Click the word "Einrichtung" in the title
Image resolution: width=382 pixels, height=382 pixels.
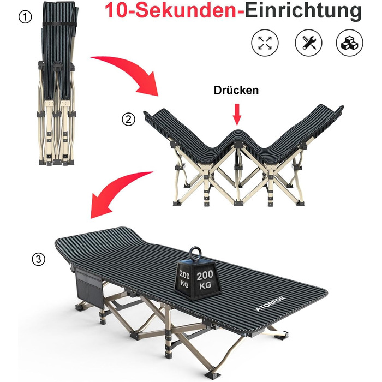[x=303, y=11]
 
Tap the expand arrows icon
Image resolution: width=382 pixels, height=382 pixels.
[x=265, y=43]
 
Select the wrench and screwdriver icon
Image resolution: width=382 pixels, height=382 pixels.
[x=308, y=43]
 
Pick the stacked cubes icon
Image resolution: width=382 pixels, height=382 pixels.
[x=350, y=43]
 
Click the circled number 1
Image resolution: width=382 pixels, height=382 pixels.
[x=25, y=17]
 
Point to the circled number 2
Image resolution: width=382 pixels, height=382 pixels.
[x=128, y=119]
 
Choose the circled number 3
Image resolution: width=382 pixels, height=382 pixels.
[x=39, y=259]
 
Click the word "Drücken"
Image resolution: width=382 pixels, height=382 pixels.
[x=236, y=90]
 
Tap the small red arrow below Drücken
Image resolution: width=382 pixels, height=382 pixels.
[x=237, y=115]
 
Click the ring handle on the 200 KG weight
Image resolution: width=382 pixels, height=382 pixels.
[x=195, y=253]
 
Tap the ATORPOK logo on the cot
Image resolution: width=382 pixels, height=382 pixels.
[x=271, y=304]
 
